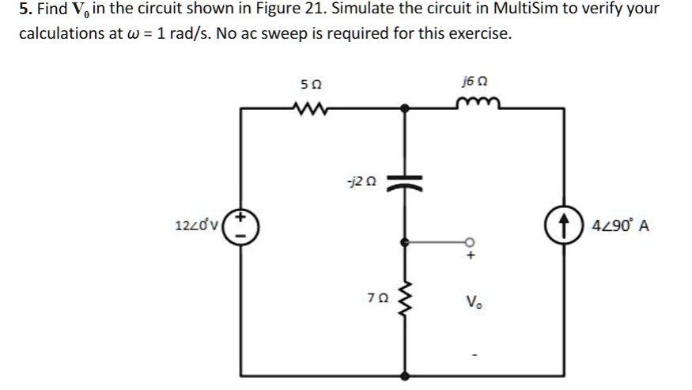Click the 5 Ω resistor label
(312, 84)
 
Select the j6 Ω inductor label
(475, 82)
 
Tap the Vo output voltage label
(475, 301)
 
